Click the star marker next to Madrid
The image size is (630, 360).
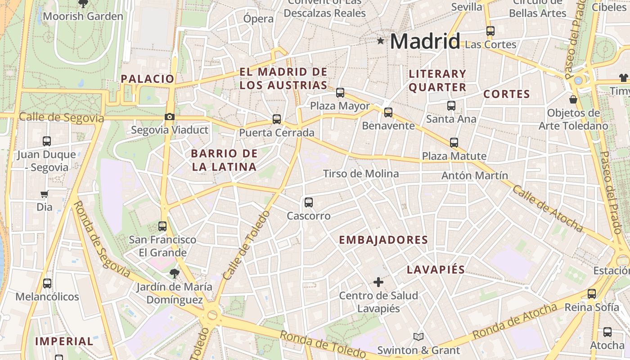pos(381,41)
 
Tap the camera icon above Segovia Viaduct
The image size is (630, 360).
pos(170,117)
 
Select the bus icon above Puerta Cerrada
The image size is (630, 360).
pos(277,119)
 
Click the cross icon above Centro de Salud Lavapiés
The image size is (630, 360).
pos(378,282)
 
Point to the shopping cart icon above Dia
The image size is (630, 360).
pos(45,194)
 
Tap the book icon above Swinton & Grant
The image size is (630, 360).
pos(418,337)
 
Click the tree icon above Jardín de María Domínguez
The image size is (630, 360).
pos(174,273)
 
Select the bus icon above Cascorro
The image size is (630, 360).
pos(309,202)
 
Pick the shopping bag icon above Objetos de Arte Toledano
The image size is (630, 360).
pos(573,99)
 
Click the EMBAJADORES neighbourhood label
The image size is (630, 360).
pos(383,240)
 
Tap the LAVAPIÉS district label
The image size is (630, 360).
pos(436,270)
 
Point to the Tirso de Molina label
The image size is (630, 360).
pos(361,174)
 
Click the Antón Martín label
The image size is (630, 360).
pos(474,175)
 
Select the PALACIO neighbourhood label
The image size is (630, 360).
pos(147,79)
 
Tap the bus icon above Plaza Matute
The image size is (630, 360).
pos(454,143)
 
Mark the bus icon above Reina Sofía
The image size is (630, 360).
pos(592,294)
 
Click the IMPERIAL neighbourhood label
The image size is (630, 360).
pos(64,341)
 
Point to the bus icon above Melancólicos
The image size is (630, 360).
pos(47,283)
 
